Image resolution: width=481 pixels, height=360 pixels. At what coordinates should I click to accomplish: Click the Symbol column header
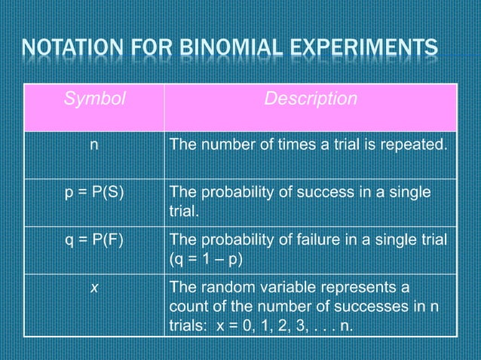94,99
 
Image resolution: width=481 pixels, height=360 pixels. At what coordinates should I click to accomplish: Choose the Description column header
310,99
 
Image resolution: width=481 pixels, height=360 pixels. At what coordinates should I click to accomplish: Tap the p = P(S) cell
93,194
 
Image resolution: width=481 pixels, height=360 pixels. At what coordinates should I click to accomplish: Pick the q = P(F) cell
93,240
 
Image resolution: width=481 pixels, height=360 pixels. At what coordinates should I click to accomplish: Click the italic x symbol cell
93,287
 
